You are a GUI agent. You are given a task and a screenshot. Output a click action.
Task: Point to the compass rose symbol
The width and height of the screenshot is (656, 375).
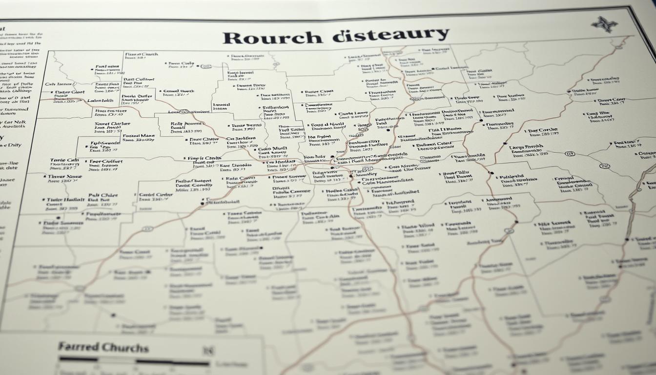pos(604,24)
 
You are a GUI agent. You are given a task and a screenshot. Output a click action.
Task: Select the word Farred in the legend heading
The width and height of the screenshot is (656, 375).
pos(79,347)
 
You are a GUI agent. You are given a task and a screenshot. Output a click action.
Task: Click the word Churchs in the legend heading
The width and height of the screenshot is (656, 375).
pos(125,348)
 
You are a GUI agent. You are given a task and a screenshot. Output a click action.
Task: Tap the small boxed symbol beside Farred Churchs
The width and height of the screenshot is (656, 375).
pos(208,351)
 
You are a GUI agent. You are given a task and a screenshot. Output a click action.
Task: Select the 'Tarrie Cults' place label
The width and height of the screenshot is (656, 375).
pos(64,160)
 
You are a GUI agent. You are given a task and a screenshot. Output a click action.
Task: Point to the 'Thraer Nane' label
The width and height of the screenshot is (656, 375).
pos(64,176)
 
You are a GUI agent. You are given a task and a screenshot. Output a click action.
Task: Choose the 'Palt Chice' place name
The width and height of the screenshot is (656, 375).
pos(103,195)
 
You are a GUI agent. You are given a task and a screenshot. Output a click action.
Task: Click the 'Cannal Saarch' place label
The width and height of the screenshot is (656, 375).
pos(178,91)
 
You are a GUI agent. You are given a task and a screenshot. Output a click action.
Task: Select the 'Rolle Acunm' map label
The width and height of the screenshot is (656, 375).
pos(186,124)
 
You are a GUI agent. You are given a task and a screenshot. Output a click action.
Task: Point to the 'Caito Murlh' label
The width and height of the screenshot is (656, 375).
pos(272,148)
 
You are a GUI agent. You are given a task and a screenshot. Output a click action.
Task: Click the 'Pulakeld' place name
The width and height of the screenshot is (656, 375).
pos(512,176)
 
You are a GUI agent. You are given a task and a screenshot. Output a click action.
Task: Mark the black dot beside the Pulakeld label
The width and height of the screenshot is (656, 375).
pos(491,173)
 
